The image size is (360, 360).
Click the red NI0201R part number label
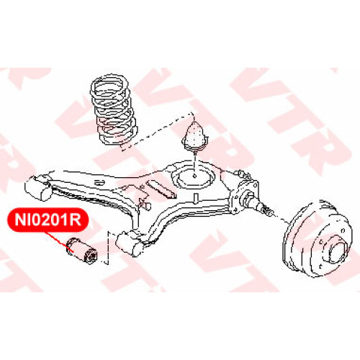tap(48, 220)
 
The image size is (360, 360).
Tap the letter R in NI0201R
tap(76, 220)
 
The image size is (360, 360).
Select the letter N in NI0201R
tap(20, 220)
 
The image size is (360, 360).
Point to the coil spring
tap(114, 109)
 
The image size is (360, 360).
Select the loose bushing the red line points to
tap(81, 251)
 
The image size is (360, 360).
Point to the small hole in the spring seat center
tap(194, 176)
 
